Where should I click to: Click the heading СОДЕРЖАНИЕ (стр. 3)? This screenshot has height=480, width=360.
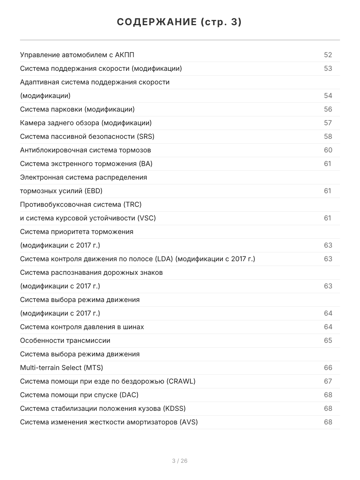coord(180,22)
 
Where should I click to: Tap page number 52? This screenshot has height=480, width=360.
coord(328,55)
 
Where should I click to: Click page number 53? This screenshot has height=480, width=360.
coord(328,68)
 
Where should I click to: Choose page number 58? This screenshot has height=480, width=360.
coord(328,136)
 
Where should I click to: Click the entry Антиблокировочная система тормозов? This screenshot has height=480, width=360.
coord(86,150)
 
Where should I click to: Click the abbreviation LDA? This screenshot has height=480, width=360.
coord(164,259)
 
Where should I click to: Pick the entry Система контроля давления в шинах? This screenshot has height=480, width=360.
coord(82,327)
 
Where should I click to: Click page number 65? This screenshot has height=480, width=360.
coord(328,340)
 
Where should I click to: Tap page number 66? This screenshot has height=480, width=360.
coord(328,368)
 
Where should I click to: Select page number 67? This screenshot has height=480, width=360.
coord(328,381)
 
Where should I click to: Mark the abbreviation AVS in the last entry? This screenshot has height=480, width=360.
coord(189,422)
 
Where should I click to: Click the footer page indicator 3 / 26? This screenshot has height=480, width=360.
coord(180,461)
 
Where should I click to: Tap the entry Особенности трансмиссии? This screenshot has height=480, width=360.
coord(65,340)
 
